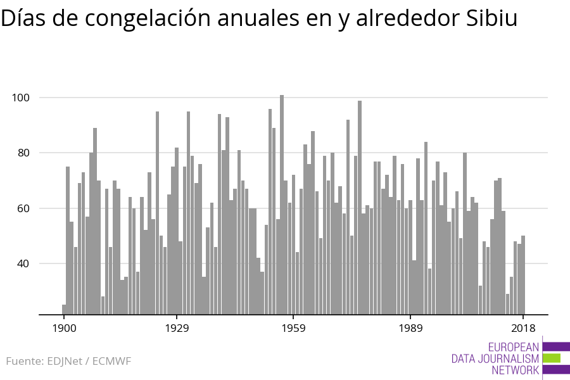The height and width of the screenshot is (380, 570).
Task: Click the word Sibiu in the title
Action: pyautogui.click(x=491, y=19)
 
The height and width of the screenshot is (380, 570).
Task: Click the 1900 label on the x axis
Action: pyautogui.click(x=64, y=328)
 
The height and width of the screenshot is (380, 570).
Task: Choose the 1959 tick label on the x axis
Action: pyautogui.click(x=293, y=328)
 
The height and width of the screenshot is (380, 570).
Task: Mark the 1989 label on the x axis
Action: pyautogui.click(x=410, y=328)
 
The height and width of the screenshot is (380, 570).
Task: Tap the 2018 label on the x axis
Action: pyautogui.click(x=523, y=328)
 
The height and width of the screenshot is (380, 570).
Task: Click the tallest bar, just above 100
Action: pyautogui.click(x=282, y=203)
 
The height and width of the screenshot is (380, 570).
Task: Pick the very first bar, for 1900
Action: pyautogui.click(x=64, y=310)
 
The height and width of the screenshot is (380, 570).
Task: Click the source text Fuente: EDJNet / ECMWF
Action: pyautogui.click(x=68, y=362)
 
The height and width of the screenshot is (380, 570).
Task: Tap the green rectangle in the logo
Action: pyautogui.click(x=551, y=358)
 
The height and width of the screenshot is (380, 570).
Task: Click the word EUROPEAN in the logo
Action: pyautogui.click(x=514, y=347)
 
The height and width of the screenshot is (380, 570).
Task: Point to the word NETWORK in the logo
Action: pyautogui.click(x=515, y=370)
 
